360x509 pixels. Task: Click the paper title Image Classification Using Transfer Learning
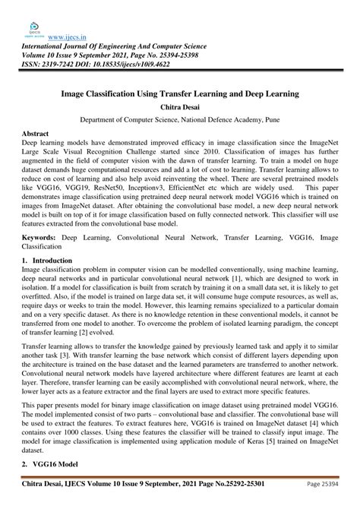click(179, 97)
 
